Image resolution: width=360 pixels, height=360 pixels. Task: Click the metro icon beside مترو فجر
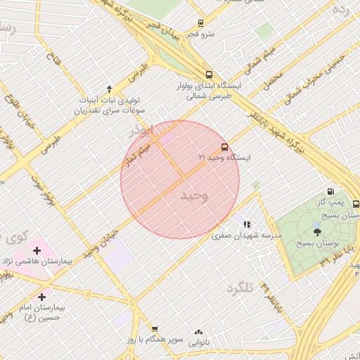(x=201, y=23)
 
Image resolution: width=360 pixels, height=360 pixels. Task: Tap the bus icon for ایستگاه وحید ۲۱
(x=224, y=147)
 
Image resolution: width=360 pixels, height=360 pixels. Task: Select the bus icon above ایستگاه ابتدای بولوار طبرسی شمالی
(x=208, y=75)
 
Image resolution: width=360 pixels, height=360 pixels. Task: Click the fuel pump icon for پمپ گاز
(x=330, y=191)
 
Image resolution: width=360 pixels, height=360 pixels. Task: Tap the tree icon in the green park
(x=317, y=231)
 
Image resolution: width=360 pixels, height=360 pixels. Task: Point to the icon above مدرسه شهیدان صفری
(x=245, y=224)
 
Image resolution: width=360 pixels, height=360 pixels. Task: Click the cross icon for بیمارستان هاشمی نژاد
(x=37, y=250)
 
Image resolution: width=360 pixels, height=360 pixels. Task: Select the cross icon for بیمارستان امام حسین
(x=43, y=297)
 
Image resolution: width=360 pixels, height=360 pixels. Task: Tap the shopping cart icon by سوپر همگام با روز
(x=155, y=329)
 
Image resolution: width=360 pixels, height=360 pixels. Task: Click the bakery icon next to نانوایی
(x=198, y=331)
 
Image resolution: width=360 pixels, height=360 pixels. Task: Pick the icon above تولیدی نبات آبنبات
(x=109, y=89)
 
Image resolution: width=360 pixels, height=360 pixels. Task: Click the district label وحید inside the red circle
(x=194, y=195)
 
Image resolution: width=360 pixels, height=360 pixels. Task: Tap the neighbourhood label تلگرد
(x=239, y=288)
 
